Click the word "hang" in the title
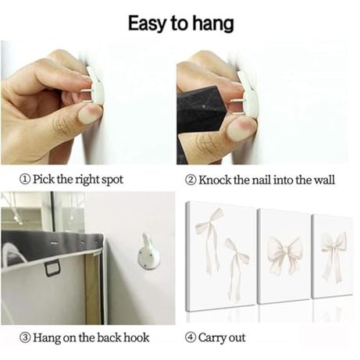(x=212, y=23)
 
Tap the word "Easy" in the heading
(x=148, y=24)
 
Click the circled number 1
(x=25, y=180)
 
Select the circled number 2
(x=191, y=180)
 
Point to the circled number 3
(x=25, y=337)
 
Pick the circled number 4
(x=191, y=337)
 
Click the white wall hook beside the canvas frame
(x=148, y=252)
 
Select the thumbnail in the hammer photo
(x=239, y=130)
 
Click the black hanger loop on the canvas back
(x=53, y=269)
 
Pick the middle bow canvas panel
(x=283, y=256)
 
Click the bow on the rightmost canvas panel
(x=334, y=256)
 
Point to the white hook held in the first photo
(x=96, y=85)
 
